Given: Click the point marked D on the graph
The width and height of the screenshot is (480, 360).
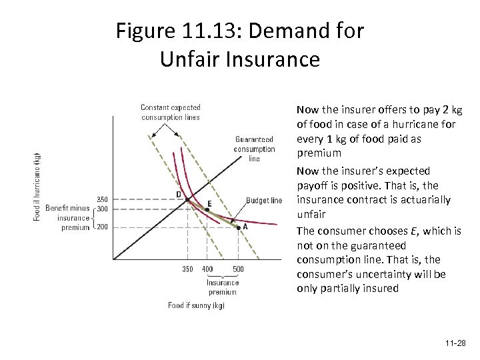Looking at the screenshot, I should click(187, 199).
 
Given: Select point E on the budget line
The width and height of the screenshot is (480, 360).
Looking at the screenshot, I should click(207, 209).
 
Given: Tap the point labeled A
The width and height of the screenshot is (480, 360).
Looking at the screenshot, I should click(238, 227).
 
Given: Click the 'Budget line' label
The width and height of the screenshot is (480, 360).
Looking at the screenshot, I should click(264, 200).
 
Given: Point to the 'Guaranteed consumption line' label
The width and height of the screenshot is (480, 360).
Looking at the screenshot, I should click(254, 149).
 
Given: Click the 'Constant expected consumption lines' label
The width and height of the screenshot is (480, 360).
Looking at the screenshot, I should click(170, 112).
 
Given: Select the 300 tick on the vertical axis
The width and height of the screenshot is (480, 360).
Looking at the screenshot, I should click(101, 209).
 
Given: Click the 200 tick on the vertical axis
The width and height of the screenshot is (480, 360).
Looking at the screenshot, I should click(101, 227).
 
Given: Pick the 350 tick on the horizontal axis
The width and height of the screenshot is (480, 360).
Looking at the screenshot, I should click(187, 269).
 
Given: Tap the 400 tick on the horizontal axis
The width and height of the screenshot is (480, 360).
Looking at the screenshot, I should click(207, 269).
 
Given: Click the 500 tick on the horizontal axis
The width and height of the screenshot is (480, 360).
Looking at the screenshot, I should click(238, 269).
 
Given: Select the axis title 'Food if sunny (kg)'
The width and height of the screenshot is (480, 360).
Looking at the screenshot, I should click(196, 305).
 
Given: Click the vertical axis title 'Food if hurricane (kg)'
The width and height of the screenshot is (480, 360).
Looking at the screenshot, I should click(37, 187).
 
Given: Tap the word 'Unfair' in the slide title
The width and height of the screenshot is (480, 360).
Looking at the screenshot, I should click(193, 59).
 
